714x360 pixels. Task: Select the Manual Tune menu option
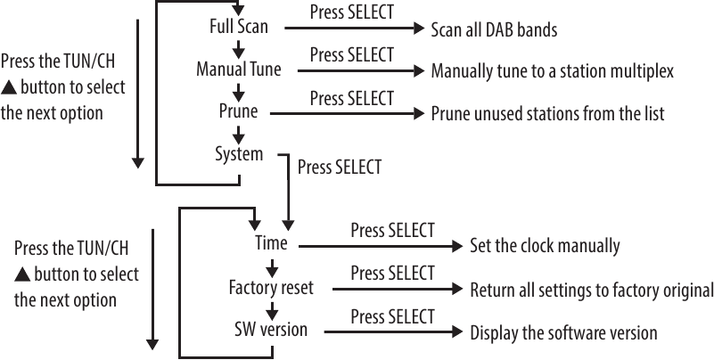[x=238, y=70]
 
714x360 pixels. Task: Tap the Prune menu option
[x=238, y=112]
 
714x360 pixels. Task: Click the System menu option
[x=239, y=154]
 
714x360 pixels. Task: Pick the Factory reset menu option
[x=272, y=288]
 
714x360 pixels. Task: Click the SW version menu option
[x=271, y=330]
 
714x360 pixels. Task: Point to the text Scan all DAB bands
[x=494, y=29]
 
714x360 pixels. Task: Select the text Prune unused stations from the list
[x=547, y=114]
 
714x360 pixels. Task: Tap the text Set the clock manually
[x=544, y=245]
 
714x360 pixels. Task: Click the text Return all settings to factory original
[x=591, y=290]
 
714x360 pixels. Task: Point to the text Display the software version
[x=563, y=332]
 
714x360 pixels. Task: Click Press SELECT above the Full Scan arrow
[x=351, y=13]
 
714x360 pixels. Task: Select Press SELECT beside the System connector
[x=339, y=167]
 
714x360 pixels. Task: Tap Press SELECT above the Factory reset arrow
[x=392, y=273]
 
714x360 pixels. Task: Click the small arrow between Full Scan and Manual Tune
[x=238, y=49]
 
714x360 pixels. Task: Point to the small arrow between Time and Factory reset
[x=272, y=266]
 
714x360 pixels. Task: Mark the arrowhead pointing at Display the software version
[x=461, y=332]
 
